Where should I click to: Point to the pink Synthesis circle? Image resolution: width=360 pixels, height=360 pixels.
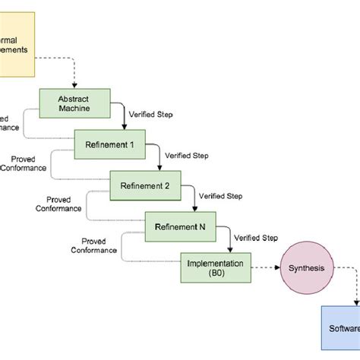tap(301, 267)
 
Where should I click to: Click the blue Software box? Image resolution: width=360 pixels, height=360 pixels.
tap(339, 328)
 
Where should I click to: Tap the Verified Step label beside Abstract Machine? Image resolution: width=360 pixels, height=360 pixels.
tap(151, 114)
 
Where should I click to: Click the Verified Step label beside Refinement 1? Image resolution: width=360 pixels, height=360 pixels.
tap(188, 155)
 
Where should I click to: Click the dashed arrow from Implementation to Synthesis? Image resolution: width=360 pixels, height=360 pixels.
tap(261, 267)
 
